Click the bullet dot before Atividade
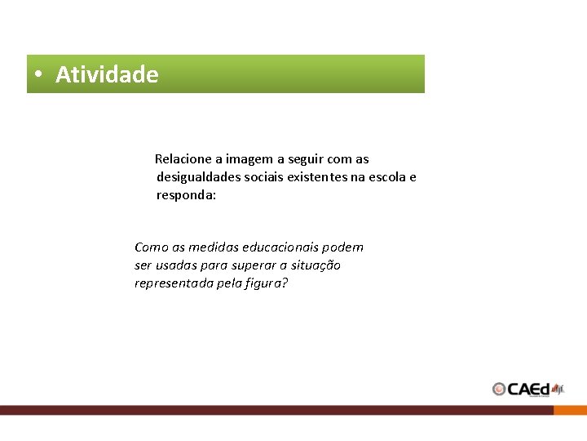point(38,74)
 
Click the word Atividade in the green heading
point(107,74)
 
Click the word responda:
point(186,196)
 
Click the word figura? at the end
point(267,283)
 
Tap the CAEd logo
point(528,389)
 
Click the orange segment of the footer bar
point(570,410)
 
